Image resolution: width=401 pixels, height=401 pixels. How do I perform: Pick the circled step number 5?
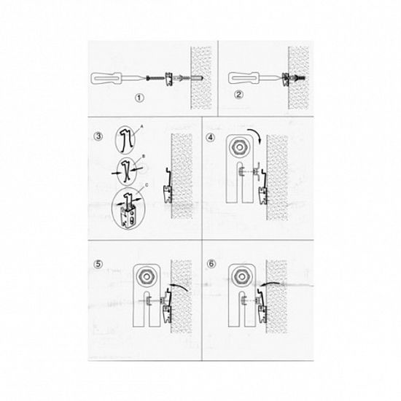[101, 264]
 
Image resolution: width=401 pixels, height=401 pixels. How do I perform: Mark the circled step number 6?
[211, 264]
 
